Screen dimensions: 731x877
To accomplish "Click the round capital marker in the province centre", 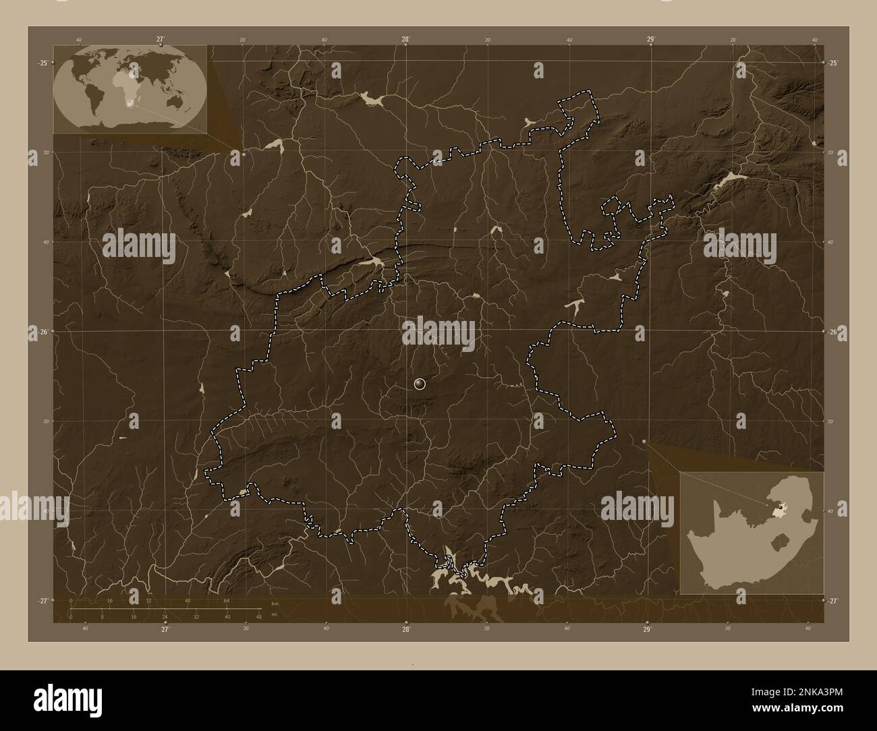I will click(x=420, y=384).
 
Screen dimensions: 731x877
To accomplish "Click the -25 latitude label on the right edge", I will click(x=833, y=63).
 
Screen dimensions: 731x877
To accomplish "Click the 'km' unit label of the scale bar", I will click(x=275, y=604).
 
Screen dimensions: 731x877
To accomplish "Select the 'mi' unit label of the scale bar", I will click(x=275, y=615).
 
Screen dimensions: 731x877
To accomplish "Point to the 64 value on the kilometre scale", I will click(x=227, y=600).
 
